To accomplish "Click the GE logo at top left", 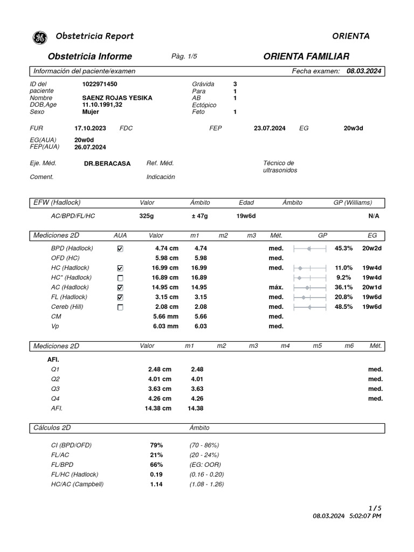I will [40, 37].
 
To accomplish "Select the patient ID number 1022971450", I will [100, 84].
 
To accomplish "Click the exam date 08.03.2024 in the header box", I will [364, 71].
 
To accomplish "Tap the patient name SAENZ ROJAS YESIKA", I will [117, 98].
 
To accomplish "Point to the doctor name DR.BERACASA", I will [107, 163].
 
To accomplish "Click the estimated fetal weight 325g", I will [147, 216].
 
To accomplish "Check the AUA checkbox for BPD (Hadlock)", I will [120, 249].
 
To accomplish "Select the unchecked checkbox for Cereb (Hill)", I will [120, 307].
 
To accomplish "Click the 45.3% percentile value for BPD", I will [343, 249].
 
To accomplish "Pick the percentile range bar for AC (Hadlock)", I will [310, 287].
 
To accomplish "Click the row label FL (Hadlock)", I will [70, 297].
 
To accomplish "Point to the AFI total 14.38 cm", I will [160, 408].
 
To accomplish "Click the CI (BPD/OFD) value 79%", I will [156, 445].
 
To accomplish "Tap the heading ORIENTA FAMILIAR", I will [306, 57].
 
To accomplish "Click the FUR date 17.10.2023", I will [90, 128].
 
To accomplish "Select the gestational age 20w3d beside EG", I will [354, 128].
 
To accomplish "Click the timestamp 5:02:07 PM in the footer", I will [365, 516].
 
